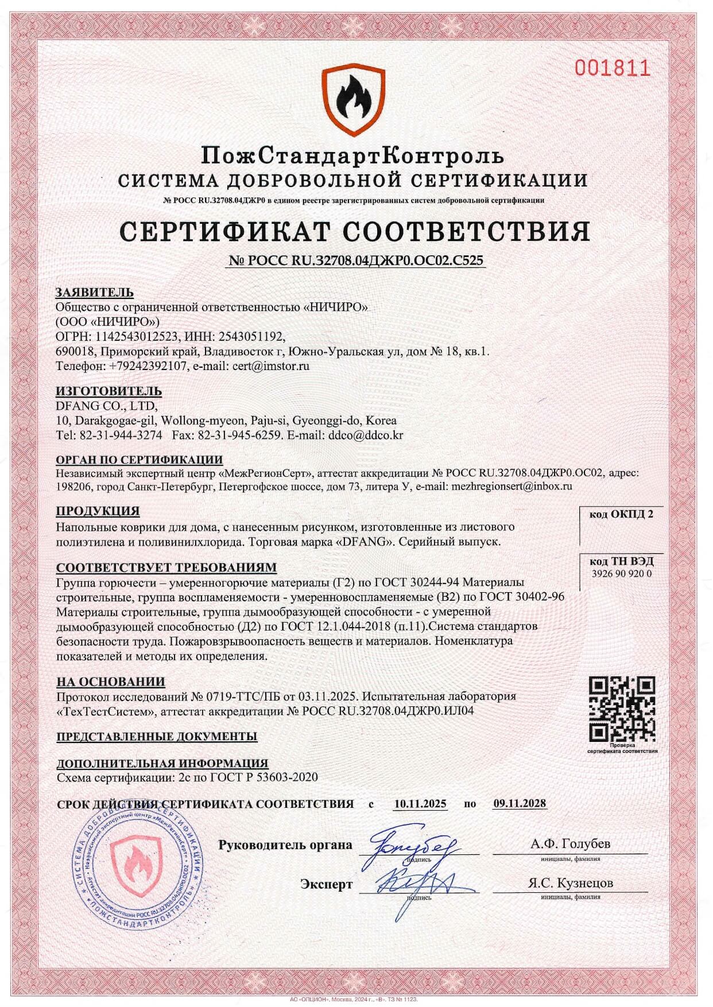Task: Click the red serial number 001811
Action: point(613,69)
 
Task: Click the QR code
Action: point(622,710)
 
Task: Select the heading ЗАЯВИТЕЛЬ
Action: point(95,293)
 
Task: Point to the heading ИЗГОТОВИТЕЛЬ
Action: point(108,391)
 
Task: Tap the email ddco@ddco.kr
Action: point(365,435)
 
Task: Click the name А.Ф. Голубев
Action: point(570,843)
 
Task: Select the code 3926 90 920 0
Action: point(621,574)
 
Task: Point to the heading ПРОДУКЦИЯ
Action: point(98,511)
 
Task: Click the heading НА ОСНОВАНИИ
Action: point(110,682)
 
